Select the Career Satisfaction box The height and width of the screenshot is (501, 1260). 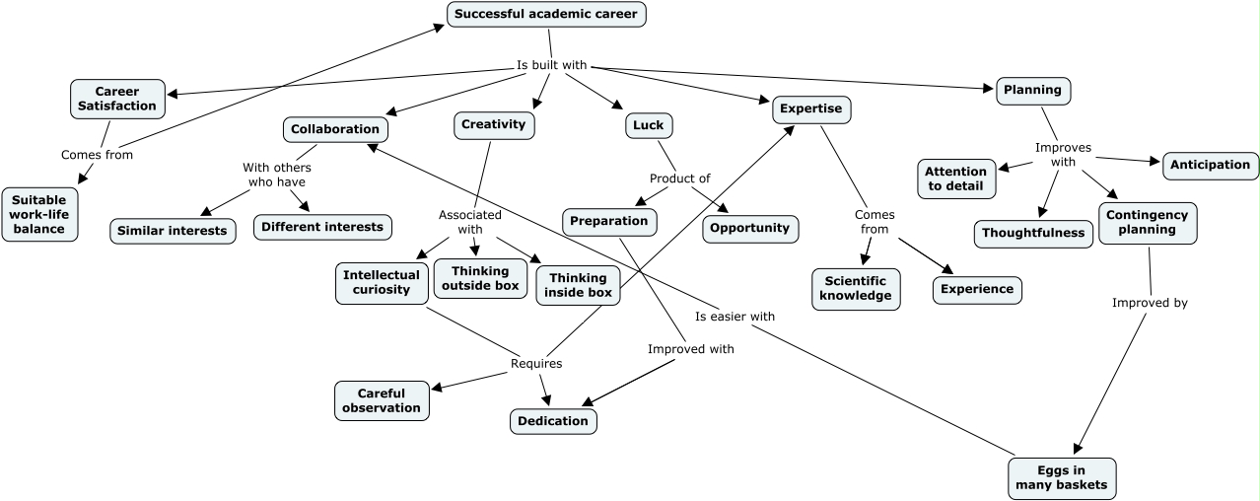[117, 99]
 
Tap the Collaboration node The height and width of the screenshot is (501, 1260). [335, 129]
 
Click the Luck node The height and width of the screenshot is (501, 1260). [648, 125]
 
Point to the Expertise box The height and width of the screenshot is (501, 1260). [810, 108]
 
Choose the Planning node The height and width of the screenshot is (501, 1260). [1032, 90]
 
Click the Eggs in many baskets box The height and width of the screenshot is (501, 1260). [1063, 477]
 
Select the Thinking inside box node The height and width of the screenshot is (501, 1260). [579, 285]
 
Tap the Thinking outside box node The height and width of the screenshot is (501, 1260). [480, 278]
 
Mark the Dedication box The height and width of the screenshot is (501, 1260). [553, 421]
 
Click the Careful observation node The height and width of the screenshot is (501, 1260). [382, 400]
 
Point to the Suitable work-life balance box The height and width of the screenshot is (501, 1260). [39, 214]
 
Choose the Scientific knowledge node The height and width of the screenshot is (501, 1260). [856, 288]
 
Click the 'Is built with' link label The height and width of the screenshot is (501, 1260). [552, 66]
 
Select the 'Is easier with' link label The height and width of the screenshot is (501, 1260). [735, 317]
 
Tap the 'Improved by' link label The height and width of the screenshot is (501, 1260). [1150, 303]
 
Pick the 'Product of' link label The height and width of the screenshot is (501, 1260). [679, 179]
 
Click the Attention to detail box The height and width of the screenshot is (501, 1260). [955, 179]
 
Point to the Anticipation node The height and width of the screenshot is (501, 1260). [1210, 165]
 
